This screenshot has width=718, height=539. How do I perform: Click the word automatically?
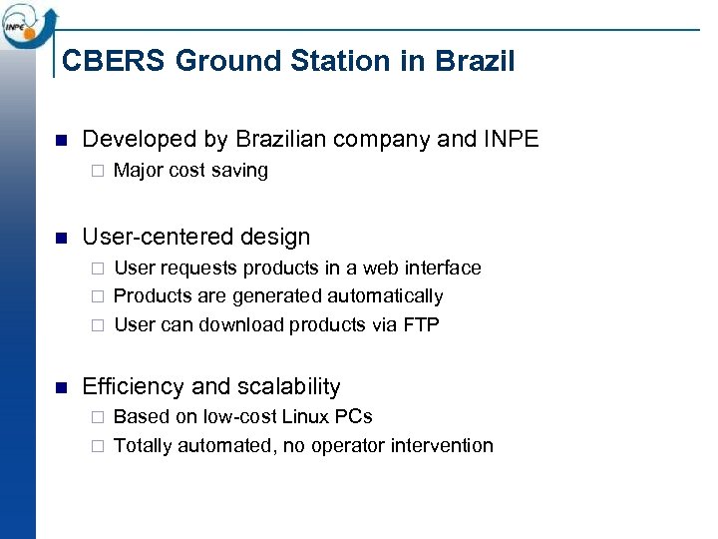(389, 296)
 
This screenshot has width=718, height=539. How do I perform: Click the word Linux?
(307, 416)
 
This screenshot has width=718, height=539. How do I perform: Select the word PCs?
(354, 416)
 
